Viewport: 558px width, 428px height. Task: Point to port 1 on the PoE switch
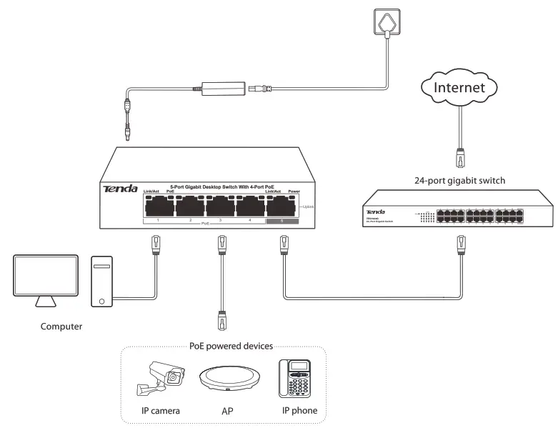click(x=157, y=206)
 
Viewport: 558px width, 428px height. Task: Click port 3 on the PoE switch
click(x=219, y=206)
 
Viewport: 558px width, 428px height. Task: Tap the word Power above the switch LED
click(x=294, y=191)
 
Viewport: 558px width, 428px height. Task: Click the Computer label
click(x=61, y=327)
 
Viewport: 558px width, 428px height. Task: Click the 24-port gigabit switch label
click(x=460, y=180)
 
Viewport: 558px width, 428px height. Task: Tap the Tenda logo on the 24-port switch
click(x=376, y=211)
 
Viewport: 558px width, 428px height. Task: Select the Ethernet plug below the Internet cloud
click(x=461, y=154)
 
